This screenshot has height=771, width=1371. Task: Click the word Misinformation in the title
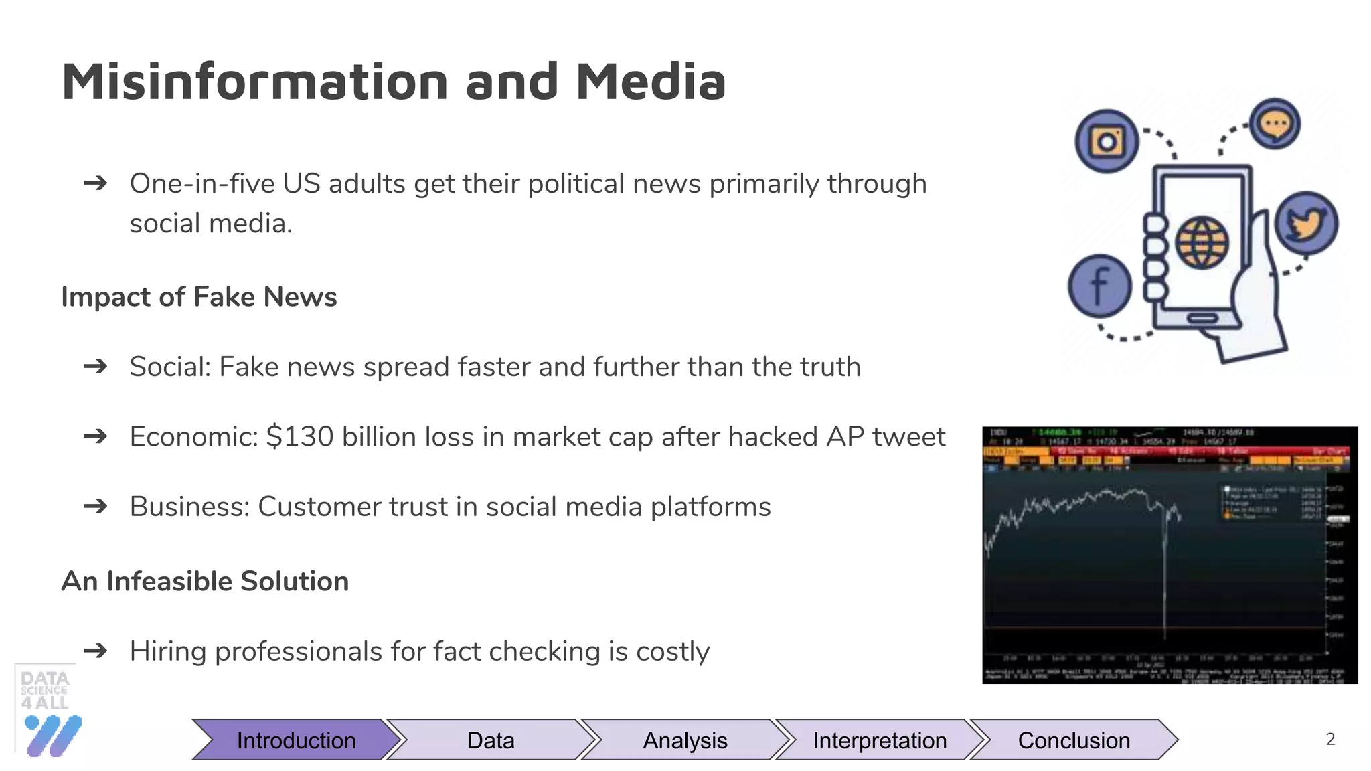[x=254, y=82]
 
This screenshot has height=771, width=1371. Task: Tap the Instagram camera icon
[x=1107, y=141]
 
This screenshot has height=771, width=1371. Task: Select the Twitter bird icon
[x=1306, y=224]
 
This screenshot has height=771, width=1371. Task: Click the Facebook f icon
[x=1099, y=286]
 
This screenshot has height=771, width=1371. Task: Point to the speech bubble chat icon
[x=1275, y=124]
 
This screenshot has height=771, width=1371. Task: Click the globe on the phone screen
[x=1202, y=242]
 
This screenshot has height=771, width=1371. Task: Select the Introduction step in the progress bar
[x=296, y=740]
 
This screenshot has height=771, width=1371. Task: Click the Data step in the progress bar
[x=491, y=740]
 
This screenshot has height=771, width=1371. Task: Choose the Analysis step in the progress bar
[x=685, y=740]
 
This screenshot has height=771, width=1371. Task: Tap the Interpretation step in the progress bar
[x=879, y=740]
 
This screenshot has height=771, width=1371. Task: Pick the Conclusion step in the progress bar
[x=1073, y=740]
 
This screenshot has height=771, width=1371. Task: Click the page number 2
[x=1330, y=739]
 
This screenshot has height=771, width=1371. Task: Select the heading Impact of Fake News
[x=199, y=296]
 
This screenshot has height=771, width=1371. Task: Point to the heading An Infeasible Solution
[x=205, y=581]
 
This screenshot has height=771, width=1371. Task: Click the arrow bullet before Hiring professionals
[x=96, y=650]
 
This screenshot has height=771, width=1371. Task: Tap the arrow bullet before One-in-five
[x=96, y=183]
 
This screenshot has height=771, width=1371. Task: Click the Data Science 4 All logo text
[x=44, y=690]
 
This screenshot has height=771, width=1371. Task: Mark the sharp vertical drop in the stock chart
[x=1165, y=576]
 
